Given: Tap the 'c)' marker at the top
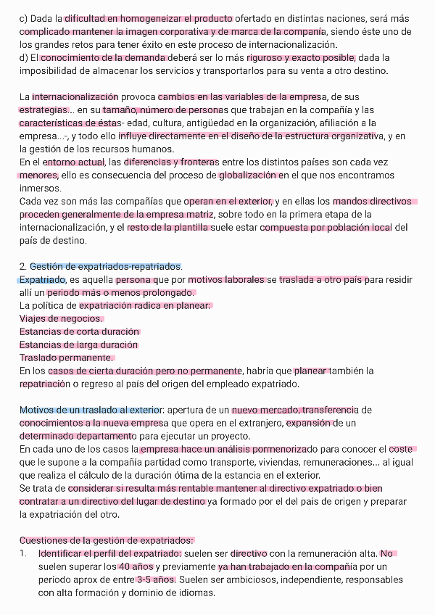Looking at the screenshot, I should [24, 19].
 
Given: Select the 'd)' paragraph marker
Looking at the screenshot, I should [24, 58].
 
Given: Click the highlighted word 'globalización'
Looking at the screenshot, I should [248, 176].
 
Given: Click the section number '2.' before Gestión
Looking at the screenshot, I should [23, 267].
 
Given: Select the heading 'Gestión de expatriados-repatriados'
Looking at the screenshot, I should [106, 267].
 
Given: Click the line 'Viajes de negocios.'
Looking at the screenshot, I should [62, 319].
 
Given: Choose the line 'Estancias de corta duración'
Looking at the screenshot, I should [79, 332].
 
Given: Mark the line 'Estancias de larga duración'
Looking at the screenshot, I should [78, 345].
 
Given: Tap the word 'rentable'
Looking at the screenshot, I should [213, 489].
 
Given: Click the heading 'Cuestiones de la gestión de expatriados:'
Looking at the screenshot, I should [107, 541].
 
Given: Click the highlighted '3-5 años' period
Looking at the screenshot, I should [155, 580].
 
